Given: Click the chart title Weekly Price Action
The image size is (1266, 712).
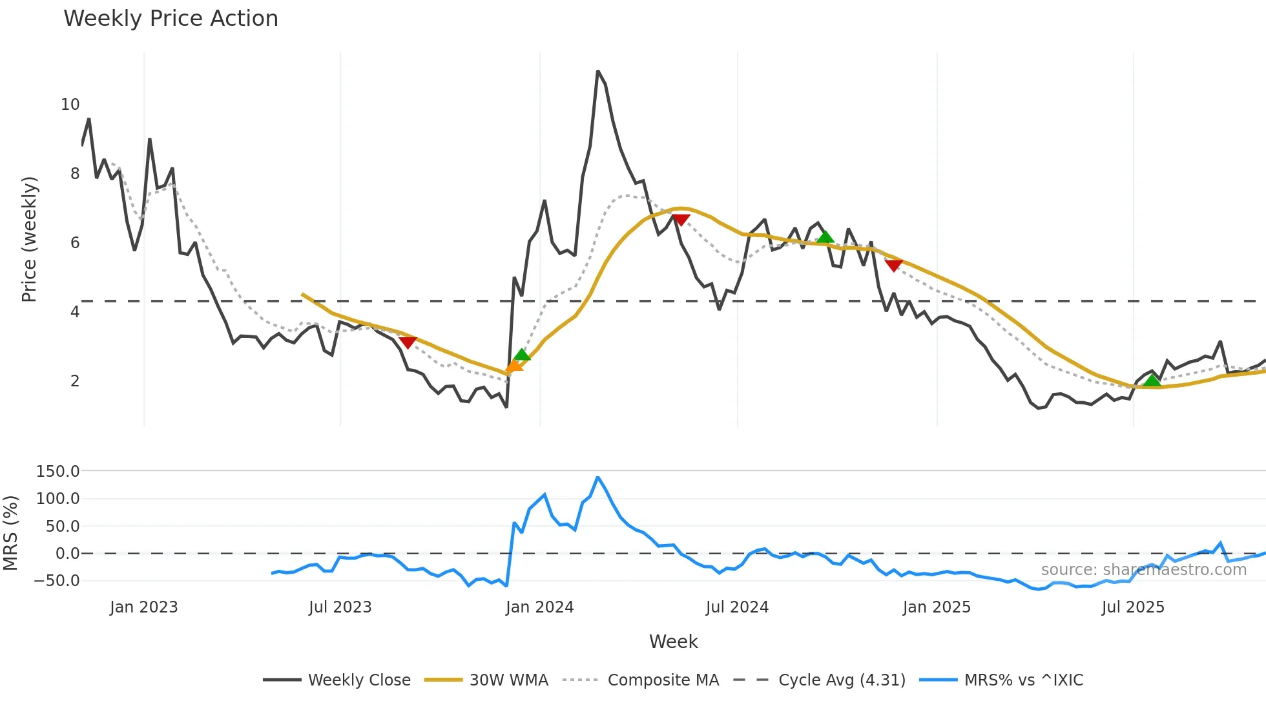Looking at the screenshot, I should [171, 19].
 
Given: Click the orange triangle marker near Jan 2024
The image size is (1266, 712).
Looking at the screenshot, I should [514, 367].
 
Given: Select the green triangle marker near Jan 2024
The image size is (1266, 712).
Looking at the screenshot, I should [522, 355].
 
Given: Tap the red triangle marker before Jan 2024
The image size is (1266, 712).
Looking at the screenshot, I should [408, 342].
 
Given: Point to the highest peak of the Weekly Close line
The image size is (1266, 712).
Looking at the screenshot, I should [597, 71].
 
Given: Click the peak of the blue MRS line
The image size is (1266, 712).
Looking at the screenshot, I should [597, 477].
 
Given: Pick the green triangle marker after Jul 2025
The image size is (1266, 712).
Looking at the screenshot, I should [1152, 381].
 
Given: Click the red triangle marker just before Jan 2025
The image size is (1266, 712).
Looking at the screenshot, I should [893, 265].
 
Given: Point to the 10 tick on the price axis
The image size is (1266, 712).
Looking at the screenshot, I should [70, 105].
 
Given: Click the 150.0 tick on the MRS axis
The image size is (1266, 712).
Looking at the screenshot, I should [57, 472].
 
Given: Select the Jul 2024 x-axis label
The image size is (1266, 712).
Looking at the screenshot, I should [737, 607].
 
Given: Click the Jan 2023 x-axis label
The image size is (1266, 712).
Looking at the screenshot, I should [143, 607].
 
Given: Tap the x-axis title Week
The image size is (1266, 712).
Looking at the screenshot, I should [673, 642].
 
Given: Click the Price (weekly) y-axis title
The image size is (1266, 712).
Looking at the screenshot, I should [29, 239].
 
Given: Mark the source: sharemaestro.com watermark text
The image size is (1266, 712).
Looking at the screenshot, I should [1143, 570].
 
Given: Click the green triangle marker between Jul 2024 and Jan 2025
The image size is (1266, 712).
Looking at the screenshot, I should [825, 237].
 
